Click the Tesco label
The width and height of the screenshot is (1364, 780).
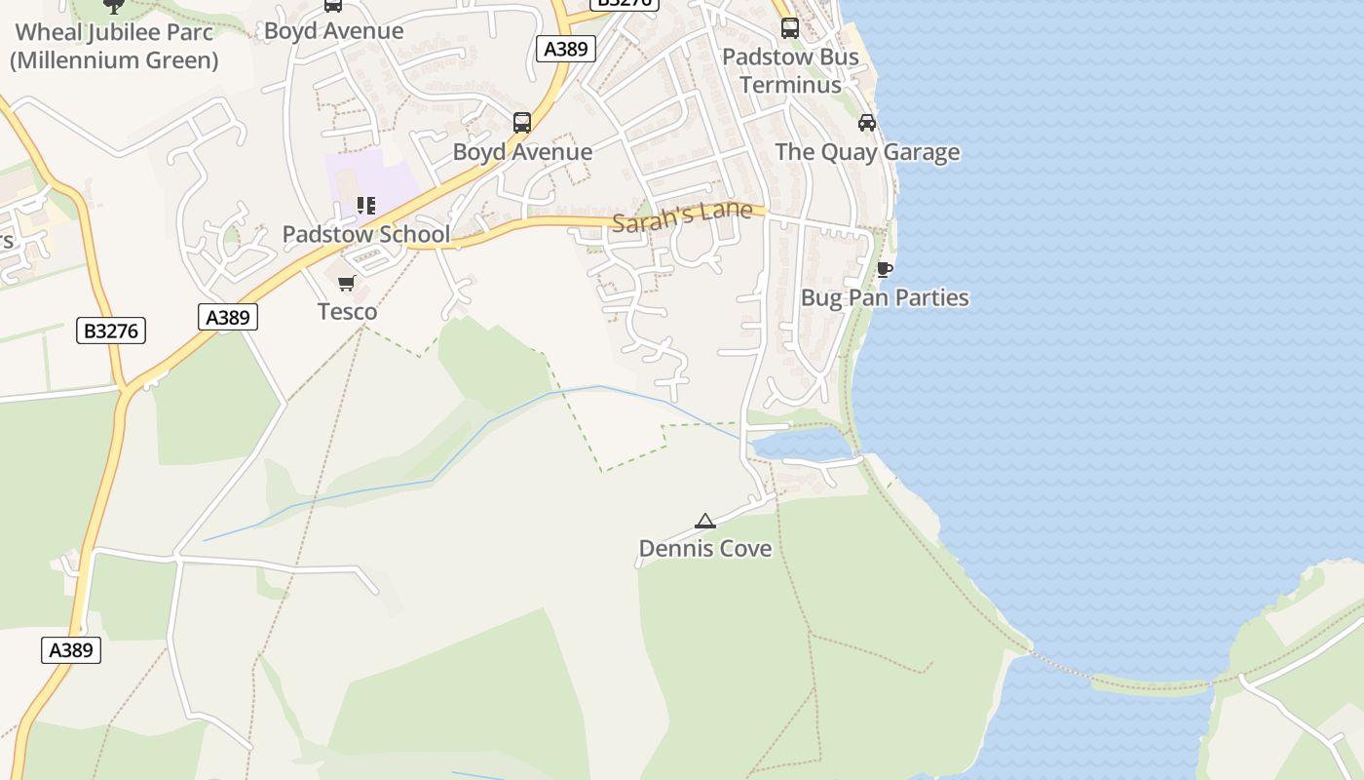(x=347, y=312)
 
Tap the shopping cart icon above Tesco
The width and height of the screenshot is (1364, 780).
(x=346, y=284)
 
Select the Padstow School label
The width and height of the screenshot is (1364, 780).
(x=366, y=234)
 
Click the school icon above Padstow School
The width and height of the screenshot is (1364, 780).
(x=366, y=206)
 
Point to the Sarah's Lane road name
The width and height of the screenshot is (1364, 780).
(x=682, y=215)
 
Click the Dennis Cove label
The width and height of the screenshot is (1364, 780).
(x=704, y=549)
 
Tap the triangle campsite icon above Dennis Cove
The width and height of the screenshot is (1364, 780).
(x=705, y=521)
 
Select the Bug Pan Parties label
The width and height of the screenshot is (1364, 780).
(x=885, y=297)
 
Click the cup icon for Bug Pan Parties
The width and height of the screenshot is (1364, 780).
(x=885, y=269)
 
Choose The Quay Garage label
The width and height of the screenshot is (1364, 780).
(x=867, y=152)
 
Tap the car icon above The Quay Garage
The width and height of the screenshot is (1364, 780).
(x=867, y=123)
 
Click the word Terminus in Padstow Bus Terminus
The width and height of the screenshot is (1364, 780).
(x=790, y=85)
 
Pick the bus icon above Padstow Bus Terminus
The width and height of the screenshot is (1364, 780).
(x=790, y=28)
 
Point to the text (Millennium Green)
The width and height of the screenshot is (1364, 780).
(x=114, y=60)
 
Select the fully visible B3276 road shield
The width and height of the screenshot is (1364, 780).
(x=111, y=331)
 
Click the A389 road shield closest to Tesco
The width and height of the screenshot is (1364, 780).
(x=229, y=317)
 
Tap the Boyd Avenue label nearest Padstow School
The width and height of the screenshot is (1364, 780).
(x=522, y=152)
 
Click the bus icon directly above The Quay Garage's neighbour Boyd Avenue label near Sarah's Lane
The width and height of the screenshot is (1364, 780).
(x=522, y=123)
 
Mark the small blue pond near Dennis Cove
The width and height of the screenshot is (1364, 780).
(x=801, y=446)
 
